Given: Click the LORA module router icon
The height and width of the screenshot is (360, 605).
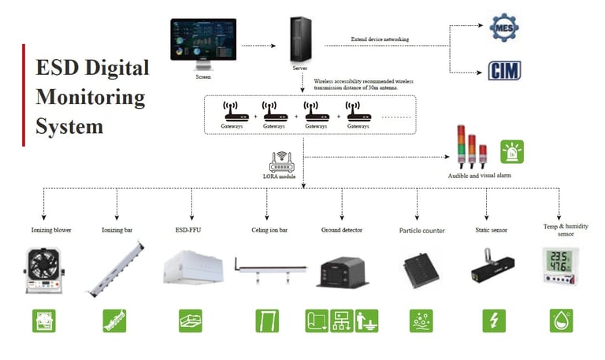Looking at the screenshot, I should [x=282, y=162].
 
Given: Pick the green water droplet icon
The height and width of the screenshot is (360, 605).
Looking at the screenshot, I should [x=561, y=320].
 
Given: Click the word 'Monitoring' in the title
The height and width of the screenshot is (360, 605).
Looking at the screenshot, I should [x=91, y=98].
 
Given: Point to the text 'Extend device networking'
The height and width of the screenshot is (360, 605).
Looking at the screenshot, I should [x=385, y=39].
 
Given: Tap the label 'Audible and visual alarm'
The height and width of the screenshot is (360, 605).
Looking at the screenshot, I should [x=480, y=176].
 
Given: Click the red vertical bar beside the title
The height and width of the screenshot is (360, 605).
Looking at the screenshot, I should [x=24, y=95].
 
